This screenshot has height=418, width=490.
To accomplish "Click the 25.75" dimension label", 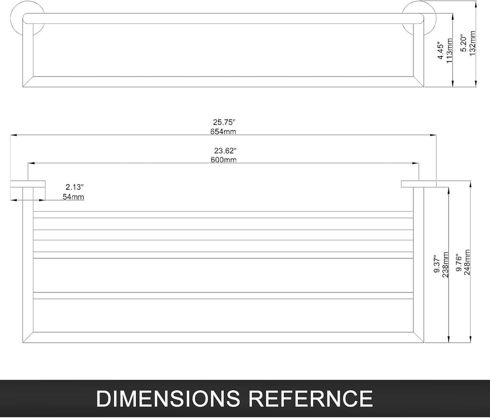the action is [224, 122].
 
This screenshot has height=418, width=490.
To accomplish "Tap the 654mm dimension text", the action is [223, 131].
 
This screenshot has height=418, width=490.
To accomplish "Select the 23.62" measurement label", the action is [225, 151].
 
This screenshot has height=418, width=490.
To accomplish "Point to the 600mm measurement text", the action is [223, 160].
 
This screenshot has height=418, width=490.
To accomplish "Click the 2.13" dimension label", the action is [75, 187].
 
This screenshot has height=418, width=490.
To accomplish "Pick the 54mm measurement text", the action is [73, 197].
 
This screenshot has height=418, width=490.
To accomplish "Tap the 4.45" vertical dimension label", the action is [441, 51].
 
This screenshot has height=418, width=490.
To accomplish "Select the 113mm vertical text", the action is [450, 51].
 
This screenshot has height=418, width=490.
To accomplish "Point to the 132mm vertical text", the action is [472, 43].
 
